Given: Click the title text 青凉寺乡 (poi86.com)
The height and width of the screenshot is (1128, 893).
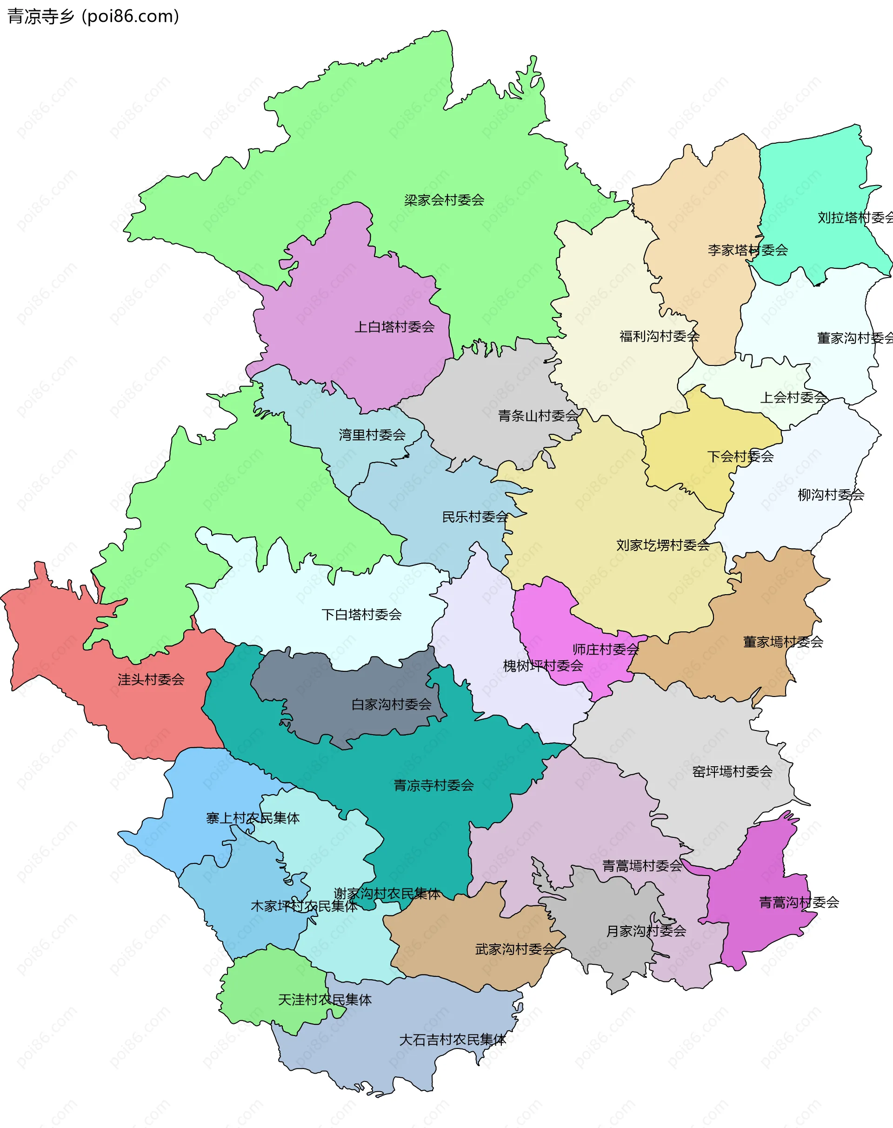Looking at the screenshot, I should [x=93, y=16].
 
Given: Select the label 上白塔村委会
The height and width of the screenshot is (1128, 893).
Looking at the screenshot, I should [x=394, y=327].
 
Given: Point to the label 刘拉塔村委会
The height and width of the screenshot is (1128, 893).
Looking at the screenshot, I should [x=854, y=218].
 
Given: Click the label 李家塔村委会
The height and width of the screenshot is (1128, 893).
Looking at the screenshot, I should [x=747, y=250].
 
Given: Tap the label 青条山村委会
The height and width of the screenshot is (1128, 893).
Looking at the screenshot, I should [x=538, y=416].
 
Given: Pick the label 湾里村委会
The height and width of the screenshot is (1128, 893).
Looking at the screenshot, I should [x=372, y=435].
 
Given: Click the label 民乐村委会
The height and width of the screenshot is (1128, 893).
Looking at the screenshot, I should [x=475, y=518].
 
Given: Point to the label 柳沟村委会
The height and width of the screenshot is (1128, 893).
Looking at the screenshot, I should [x=830, y=495].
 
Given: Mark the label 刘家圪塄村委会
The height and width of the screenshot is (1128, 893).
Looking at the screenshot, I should [x=662, y=546].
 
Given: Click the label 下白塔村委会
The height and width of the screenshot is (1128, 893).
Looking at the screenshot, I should [x=361, y=615].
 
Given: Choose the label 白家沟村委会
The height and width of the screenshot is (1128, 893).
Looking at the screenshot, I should [x=391, y=704].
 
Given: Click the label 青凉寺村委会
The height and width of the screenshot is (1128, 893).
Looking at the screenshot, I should [x=433, y=786].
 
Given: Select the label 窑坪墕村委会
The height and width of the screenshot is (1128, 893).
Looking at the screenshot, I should [x=732, y=772].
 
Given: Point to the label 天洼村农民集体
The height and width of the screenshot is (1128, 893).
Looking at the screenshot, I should [x=325, y=1000].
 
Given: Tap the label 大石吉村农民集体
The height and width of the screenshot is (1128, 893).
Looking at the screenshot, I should [x=452, y=1040].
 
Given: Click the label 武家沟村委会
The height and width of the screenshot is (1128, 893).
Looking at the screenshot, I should [x=515, y=949].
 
